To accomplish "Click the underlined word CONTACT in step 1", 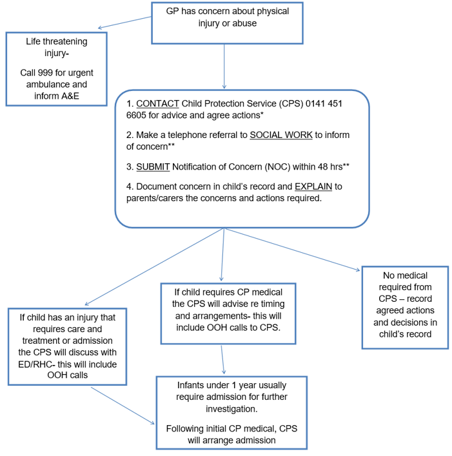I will [x=157, y=104].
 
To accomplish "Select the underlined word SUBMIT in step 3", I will [x=153, y=166].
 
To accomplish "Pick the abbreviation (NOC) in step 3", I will [x=279, y=166].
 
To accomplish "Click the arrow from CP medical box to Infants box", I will [x=222, y=359].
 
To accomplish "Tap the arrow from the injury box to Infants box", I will [x=123, y=405].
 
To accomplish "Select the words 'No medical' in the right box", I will [x=405, y=275].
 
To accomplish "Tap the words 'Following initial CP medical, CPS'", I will [x=231, y=428].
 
